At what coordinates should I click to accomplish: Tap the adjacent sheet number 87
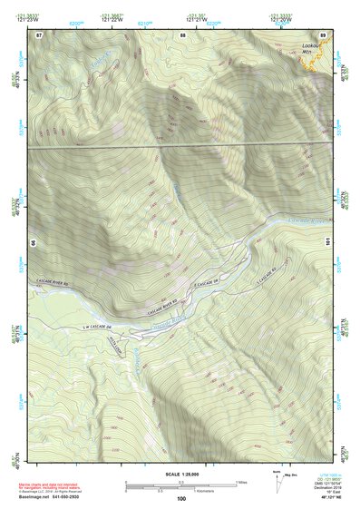pos(39,34)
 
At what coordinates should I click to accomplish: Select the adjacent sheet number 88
pos(181,34)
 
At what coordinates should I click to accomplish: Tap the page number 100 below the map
pos(181,499)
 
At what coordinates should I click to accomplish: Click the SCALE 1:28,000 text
pos(180,474)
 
